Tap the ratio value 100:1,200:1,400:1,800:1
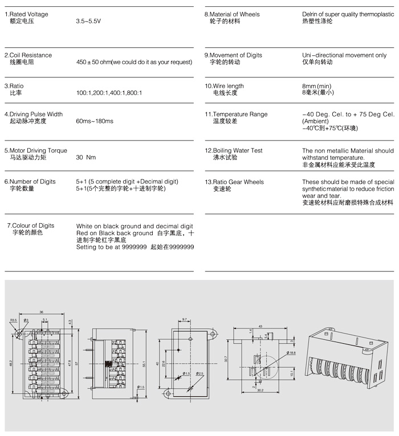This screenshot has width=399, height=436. click(109, 92)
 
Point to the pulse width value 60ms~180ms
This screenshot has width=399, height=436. click(95, 121)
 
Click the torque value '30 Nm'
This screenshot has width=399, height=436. click(86, 157)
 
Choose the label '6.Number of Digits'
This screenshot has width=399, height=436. click(31, 182)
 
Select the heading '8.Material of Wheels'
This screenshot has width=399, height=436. click(232, 14)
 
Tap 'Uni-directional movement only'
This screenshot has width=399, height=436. click(344, 55)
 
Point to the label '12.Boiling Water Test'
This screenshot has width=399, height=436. click(234, 151)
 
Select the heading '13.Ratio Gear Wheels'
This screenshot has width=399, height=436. click(234, 182)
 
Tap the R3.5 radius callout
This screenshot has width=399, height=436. click(13, 321)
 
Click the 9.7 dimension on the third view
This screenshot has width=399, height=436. click(185, 320)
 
